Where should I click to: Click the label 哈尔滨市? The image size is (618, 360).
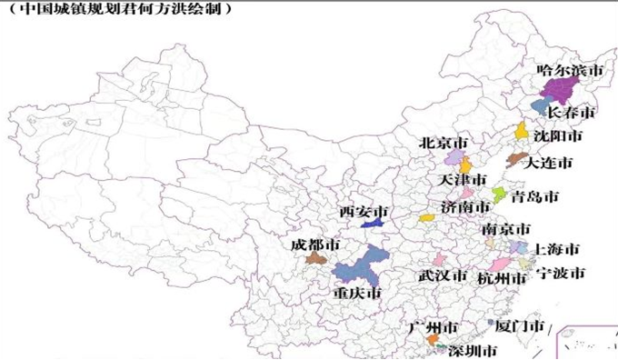click(570, 69)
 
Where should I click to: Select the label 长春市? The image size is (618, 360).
click(572, 113)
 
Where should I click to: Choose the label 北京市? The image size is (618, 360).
click(444, 144)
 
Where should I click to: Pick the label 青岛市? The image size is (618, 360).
click(534, 196)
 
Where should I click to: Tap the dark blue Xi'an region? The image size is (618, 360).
click(372, 223)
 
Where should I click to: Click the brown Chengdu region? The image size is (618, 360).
click(315, 259)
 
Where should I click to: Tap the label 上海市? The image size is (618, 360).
click(556, 248)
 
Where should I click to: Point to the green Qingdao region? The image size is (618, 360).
click(498, 195)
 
